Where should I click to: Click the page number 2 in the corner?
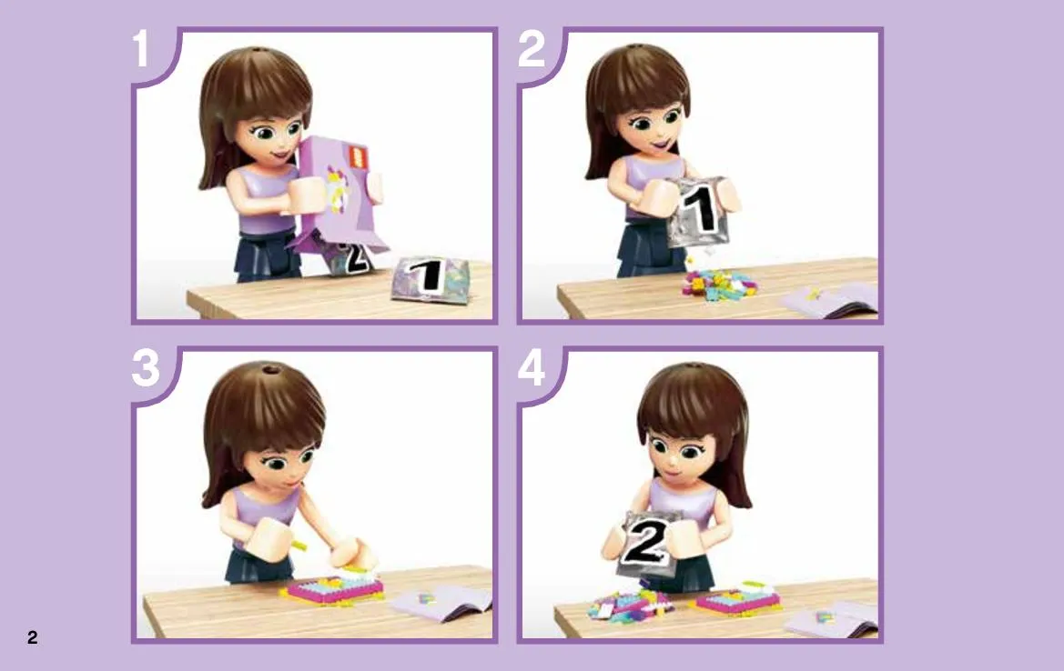(x=32, y=637)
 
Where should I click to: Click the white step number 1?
(x=140, y=48)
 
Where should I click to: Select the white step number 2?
(x=532, y=48)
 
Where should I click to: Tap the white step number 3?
(x=146, y=368)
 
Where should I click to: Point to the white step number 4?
(x=532, y=368)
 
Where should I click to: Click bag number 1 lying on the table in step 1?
(x=431, y=278)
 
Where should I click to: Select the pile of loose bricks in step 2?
(x=719, y=284)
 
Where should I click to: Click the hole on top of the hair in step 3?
(x=271, y=370)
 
